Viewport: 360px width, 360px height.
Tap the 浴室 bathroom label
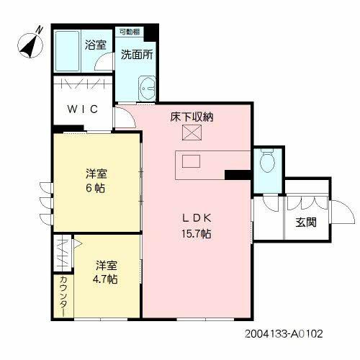96,45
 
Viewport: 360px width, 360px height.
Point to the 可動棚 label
130,32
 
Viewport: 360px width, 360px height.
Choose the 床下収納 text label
192,117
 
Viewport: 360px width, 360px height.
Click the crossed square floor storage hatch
192,132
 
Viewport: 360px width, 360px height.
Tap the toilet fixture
268,160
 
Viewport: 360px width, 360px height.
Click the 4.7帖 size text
105,278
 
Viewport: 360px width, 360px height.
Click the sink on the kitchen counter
192,161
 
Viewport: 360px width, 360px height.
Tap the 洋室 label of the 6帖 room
96,172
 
